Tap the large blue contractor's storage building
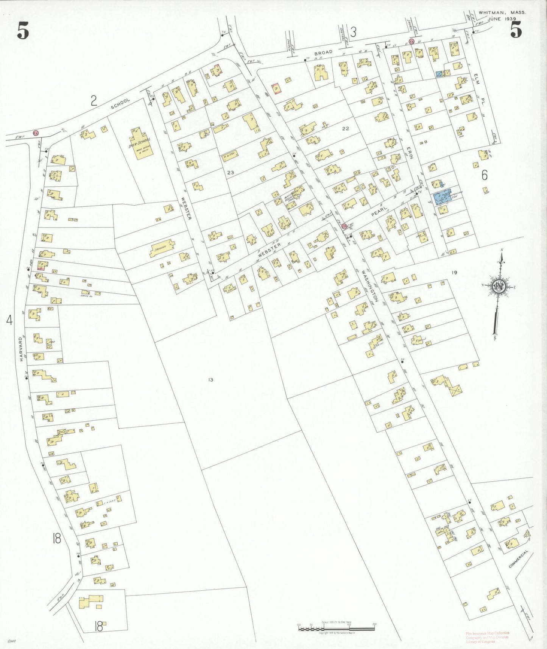443,197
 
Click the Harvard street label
22,349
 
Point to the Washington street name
369,285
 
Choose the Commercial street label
518,559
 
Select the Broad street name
323,52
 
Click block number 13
210,379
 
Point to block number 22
345,128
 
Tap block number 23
231,172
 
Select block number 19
454,272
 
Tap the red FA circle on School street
36,133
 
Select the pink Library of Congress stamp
488,637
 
